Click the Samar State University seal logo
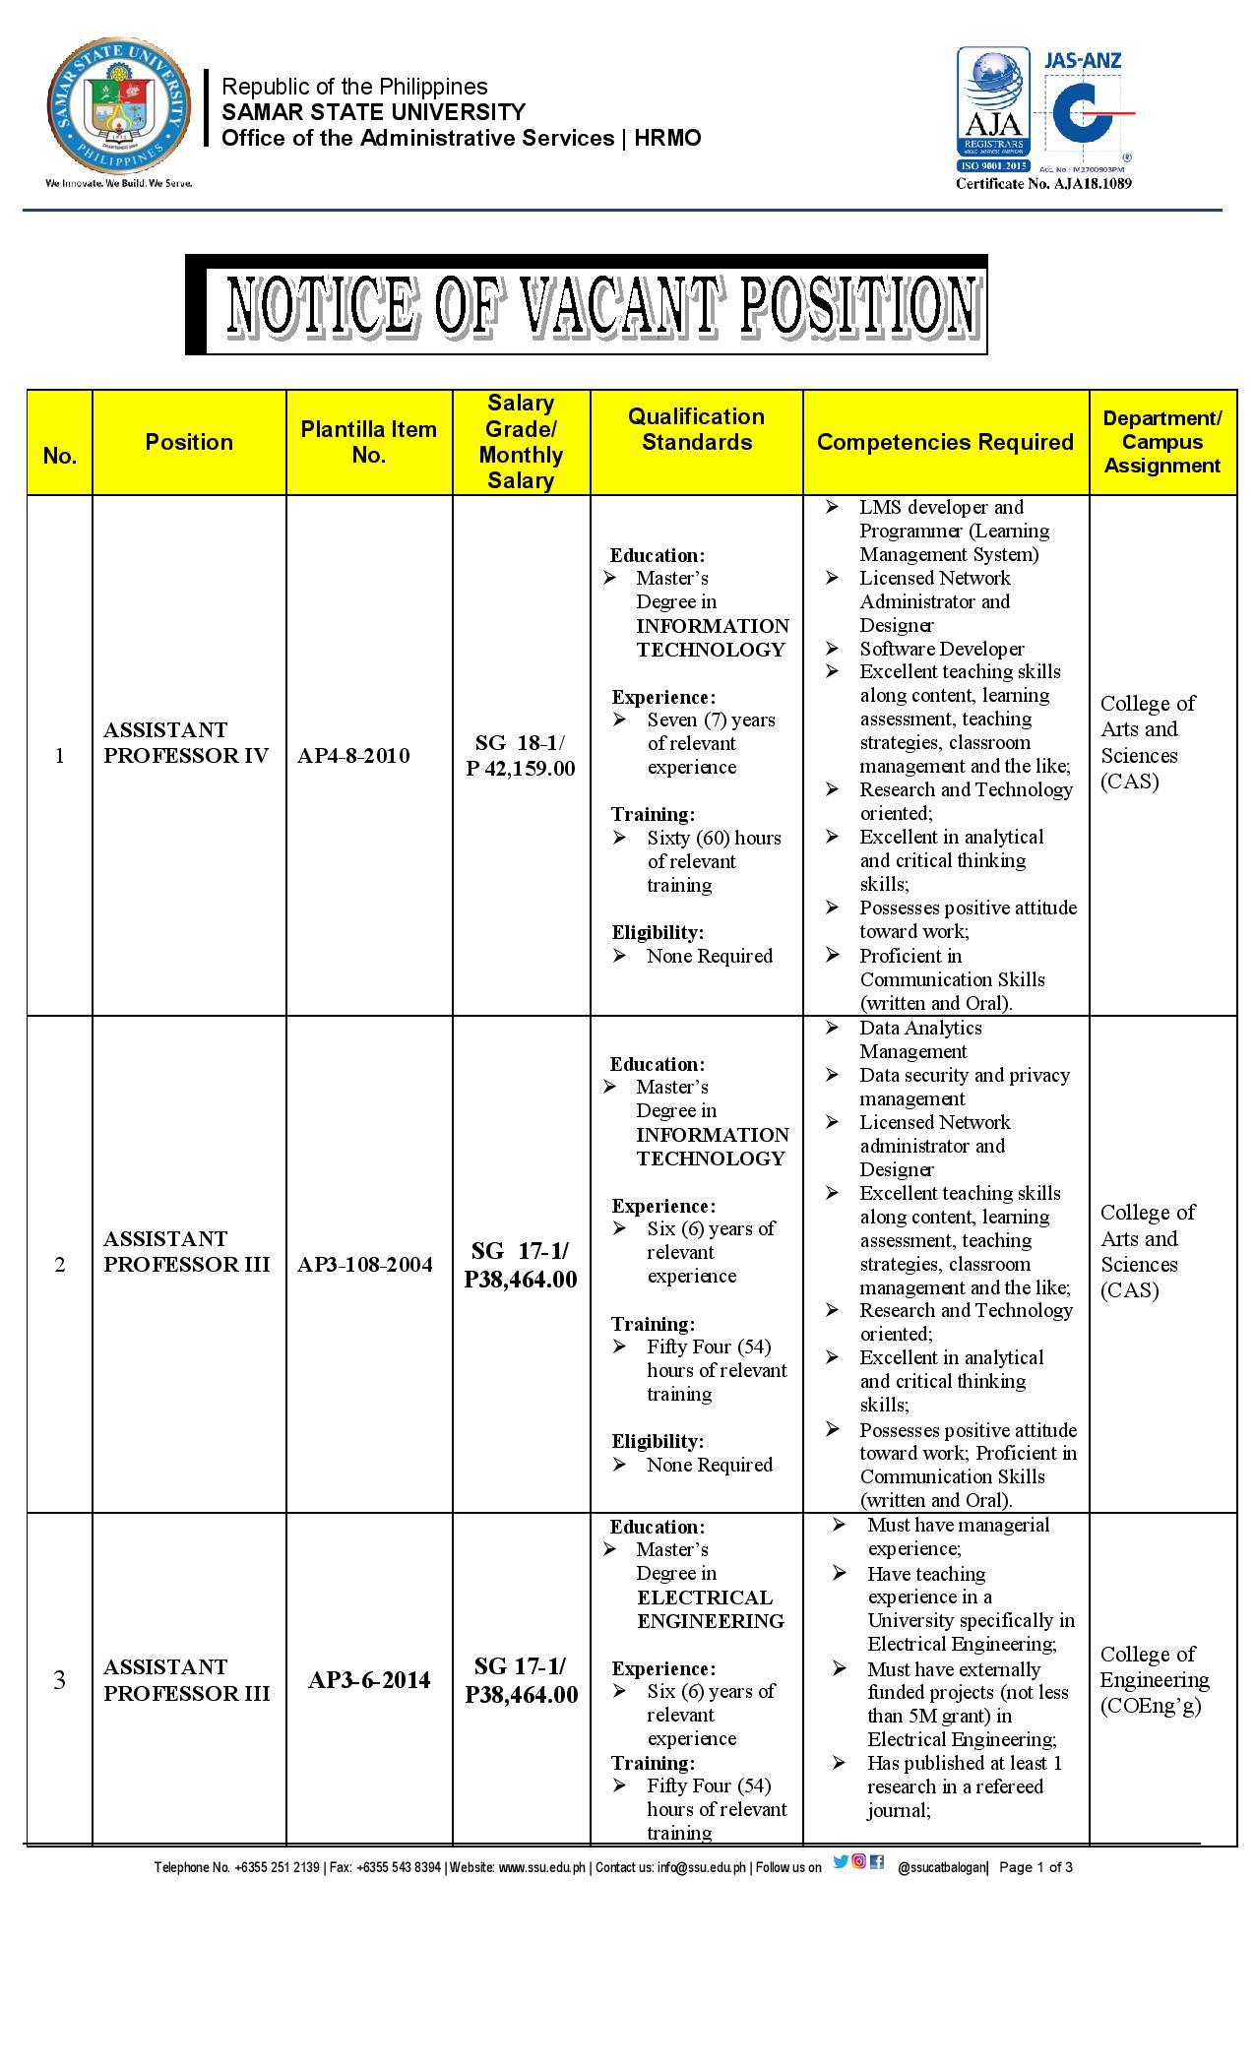(120, 110)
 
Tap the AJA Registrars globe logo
(998, 109)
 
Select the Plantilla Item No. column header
(369, 442)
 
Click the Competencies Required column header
(945, 442)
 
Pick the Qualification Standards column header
(696, 429)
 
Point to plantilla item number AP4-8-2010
(353, 756)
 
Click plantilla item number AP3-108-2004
(365, 1265)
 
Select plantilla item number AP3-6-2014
(369, 1680)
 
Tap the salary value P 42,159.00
(521, 769)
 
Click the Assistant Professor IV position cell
(186, 743)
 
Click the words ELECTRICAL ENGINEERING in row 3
(711, 1608)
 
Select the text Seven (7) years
(711, 720)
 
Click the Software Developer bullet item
(941, 649)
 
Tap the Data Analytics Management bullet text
(920, 1039)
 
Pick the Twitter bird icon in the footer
(841, 1861)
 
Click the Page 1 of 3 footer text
(1035, 1866)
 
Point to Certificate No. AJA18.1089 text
(1043, 183)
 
